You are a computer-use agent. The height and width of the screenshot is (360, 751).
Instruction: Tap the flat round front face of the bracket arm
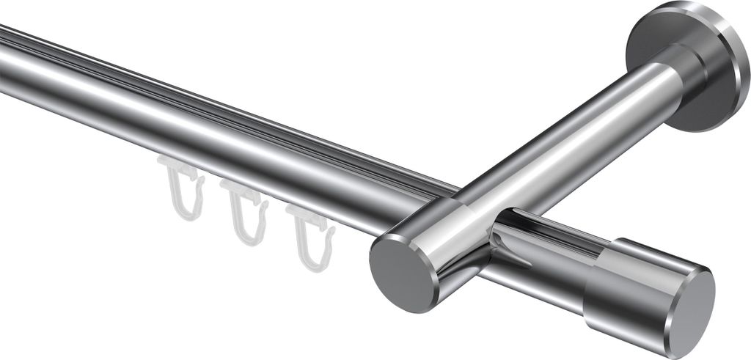point(402,271)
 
